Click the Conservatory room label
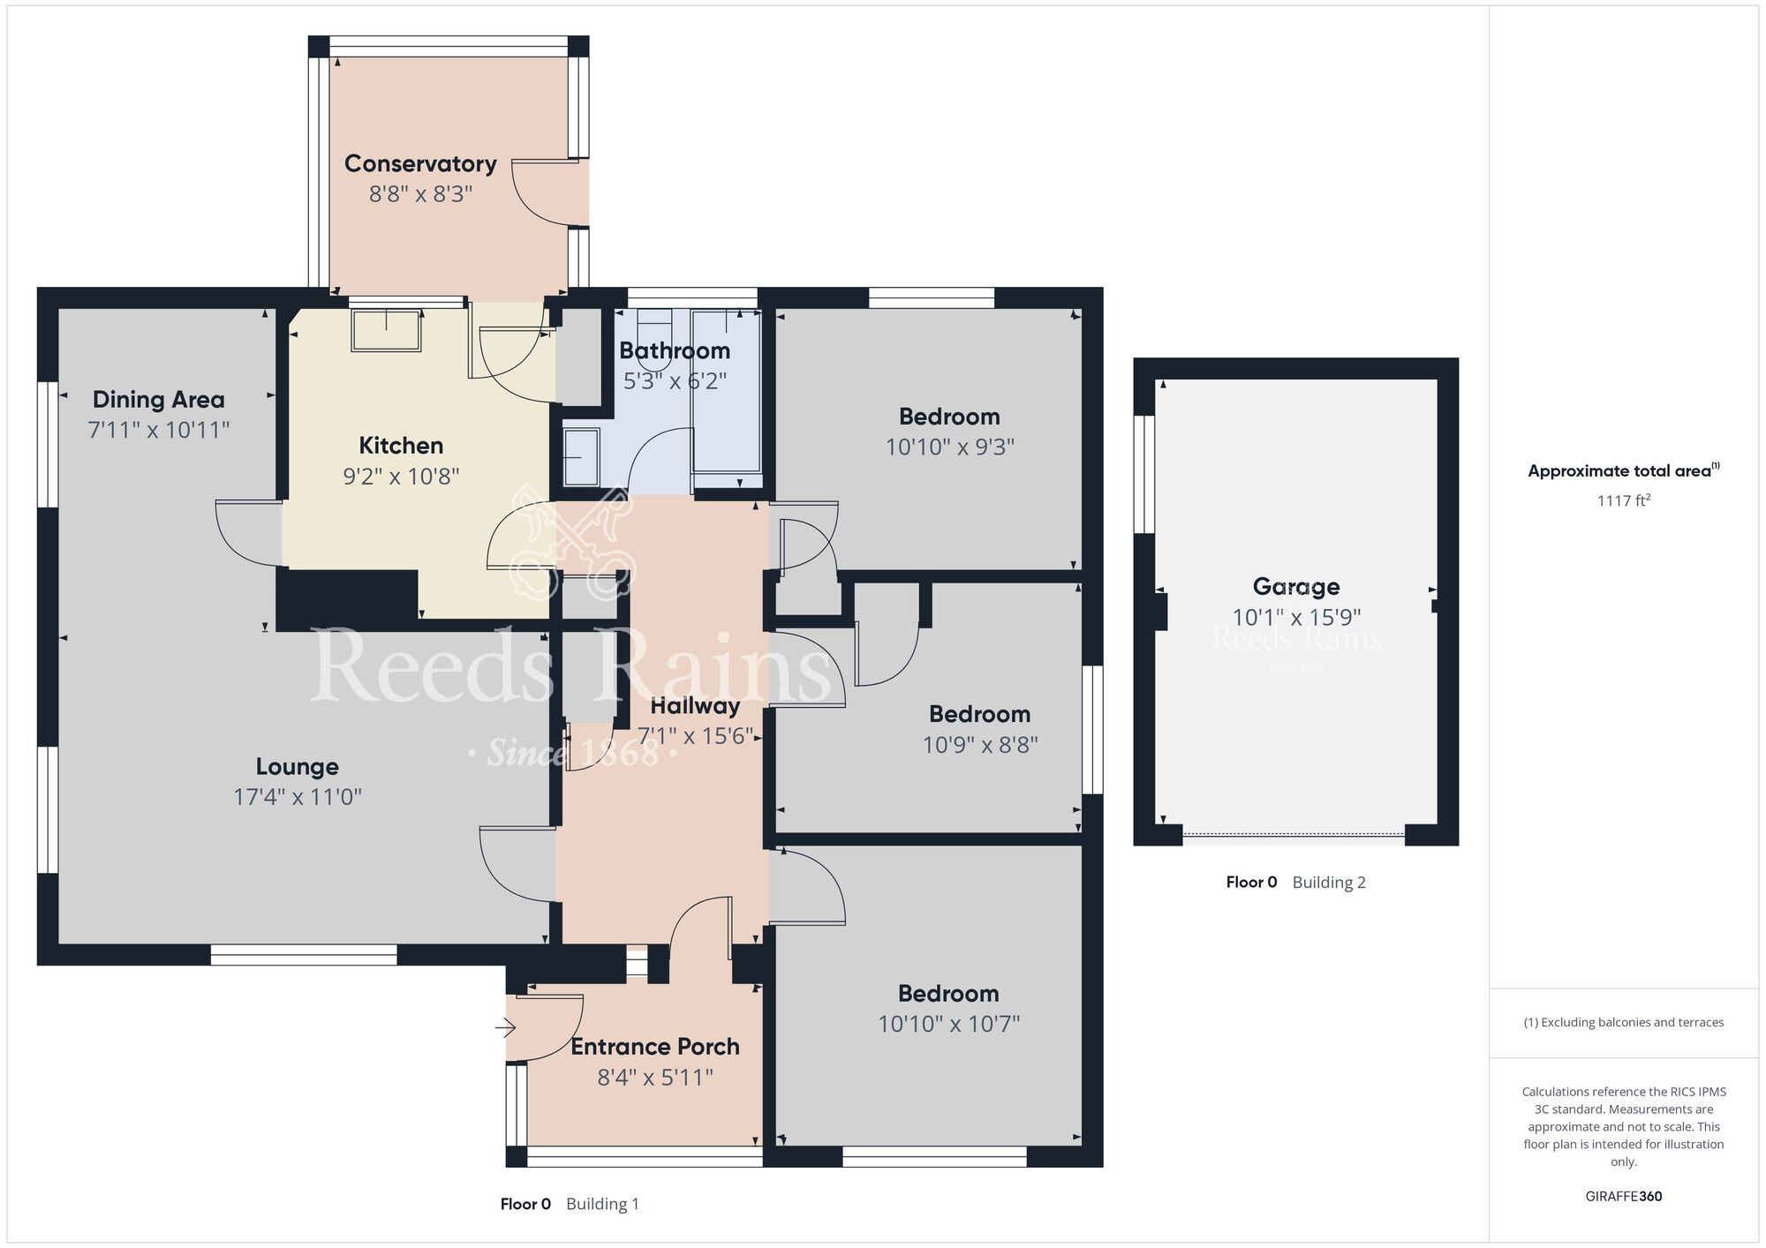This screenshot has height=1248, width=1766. point(420,164)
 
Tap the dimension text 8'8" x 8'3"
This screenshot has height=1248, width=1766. point(420,194)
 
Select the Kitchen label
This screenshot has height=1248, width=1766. point(401,446)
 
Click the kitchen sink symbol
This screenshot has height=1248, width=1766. point(387,331)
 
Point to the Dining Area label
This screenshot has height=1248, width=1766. point(159,400)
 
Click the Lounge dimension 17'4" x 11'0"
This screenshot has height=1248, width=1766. point(298,797)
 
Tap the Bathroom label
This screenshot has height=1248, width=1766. point(675,351)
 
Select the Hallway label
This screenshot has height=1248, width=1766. point(695,706)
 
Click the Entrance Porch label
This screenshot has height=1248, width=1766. point(655,1047)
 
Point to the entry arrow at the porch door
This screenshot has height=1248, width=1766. point(505,1027)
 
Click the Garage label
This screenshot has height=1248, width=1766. point(1296,587)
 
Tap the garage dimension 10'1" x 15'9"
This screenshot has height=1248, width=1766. point(1296,618)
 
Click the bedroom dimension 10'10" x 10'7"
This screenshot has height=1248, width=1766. point(948,1024)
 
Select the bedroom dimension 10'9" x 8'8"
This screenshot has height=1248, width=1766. point(980,745)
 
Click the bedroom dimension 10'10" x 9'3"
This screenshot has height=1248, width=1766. point(949,447)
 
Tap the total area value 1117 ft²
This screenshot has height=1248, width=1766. point(1623,501)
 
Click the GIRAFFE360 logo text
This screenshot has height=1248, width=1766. point(1623,1197)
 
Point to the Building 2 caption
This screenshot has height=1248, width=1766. point(1328,883)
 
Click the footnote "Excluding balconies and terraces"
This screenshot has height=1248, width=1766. point(1623,1023)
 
